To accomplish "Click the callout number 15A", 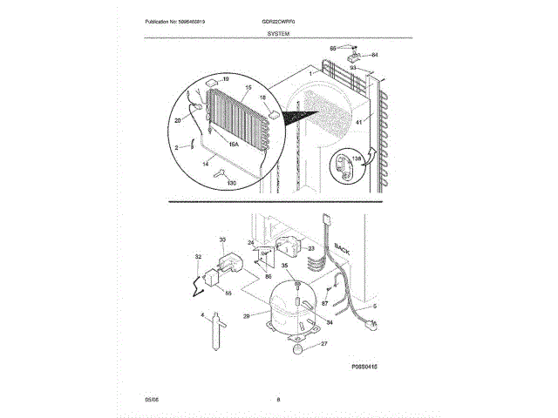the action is pos(234,145).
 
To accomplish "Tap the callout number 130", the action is pos(231,183).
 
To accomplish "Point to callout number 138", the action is pos(355,158).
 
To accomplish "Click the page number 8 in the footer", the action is pos(278,400).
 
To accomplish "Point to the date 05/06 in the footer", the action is pos(151,400).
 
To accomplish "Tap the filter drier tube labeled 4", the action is pos(214,334).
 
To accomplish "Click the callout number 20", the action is pos(179,121).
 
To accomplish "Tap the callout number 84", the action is pos(375,55).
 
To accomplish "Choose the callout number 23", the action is pos(310,248).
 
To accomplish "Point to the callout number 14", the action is pos(205,164).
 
